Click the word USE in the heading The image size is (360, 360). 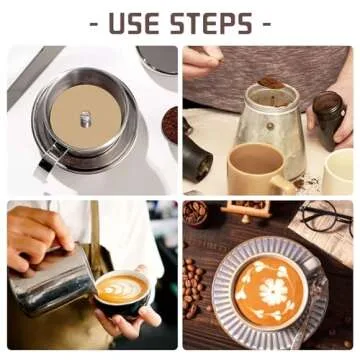click(135, 23)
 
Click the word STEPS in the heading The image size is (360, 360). click(211, 23)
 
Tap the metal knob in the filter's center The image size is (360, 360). click(86, 119)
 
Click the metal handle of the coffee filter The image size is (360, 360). click(50, 159)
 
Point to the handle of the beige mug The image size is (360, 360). click(283, 183)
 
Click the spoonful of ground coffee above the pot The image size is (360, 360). click(271, 83)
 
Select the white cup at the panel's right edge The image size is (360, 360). click(337, 171)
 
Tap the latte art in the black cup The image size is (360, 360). click(123, 289)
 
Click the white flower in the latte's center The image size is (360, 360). click(272, 292)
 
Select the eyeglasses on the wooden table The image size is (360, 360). click(325, 217)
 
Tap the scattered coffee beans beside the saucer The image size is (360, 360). click(193, 287)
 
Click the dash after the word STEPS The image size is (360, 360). click(265, 24)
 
